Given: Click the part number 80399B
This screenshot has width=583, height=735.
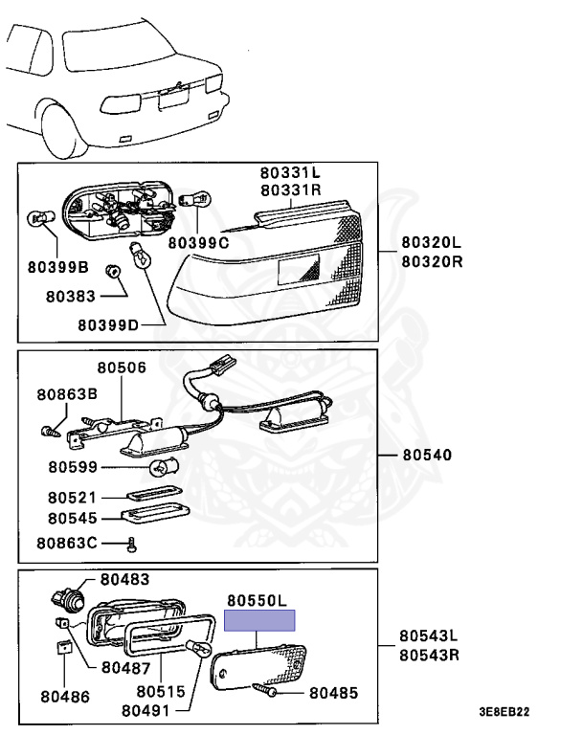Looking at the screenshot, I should click(56, 267).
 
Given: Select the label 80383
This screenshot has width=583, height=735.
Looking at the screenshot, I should click(72, 296).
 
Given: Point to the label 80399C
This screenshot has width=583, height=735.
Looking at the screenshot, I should click(199, 243).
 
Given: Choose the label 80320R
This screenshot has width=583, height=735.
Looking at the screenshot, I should click(431, 260).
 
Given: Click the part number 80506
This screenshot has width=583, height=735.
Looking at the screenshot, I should click(121, 367).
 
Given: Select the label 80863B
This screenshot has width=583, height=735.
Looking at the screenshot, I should click(68, 393).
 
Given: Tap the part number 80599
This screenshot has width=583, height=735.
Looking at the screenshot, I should click(72, 468).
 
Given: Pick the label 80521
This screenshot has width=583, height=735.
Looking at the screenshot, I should click(72, 498).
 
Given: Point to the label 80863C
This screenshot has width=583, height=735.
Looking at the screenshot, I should click(68, 544).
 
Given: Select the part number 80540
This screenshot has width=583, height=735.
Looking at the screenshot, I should click(426, 455).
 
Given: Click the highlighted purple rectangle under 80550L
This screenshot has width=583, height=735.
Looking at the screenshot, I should click(260, 621).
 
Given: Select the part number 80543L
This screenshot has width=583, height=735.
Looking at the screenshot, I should click(429, 635).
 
